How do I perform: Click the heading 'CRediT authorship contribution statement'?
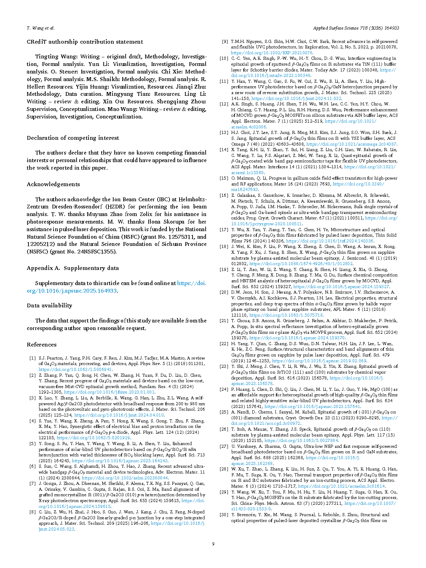pyautogui.click(x=85, y=42)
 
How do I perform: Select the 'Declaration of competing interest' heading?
pyautogui.click(x=73, y=138)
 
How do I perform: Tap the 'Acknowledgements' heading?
pyautogui.click(x=53, y=184)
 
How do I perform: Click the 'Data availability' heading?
pyautogui.click(x=49, y=306)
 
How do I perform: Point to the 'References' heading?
pyautogui.click(x=42, y=345)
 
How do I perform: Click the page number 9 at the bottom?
pyautogui.click(x=213, y=544)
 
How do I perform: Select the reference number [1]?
pyautogui.click(x=32, y=358)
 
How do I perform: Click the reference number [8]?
pyautogui.click(x=32, y=512)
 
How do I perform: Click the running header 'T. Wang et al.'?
pyautogui.click(x=41, y=28)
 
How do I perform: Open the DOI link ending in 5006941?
pyautogui.click(x=75, y=370)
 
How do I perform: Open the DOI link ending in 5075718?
pyautogui.click(x=286, y=315)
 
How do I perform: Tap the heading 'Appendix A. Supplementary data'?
pyautogui.click(x=73, y=268)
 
